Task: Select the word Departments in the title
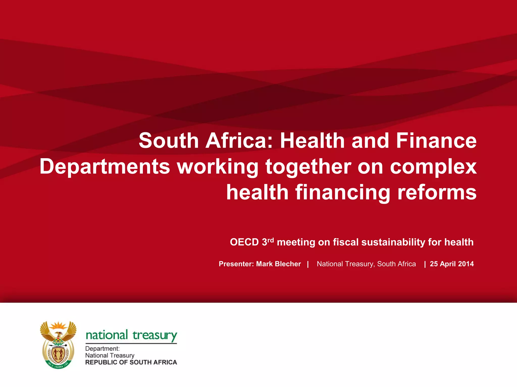pos(105,167)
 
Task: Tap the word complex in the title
pos(433,167)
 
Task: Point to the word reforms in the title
pos(437,192)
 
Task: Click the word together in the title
pos(308,167)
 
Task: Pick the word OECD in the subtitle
pos(244,242)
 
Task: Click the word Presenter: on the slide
pos(236,264)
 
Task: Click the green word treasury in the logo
pos(155,336)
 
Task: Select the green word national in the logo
pos(107,335)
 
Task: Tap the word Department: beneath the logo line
pos(102,349)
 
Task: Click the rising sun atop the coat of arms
pos(58,325)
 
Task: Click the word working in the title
pos(218,167)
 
